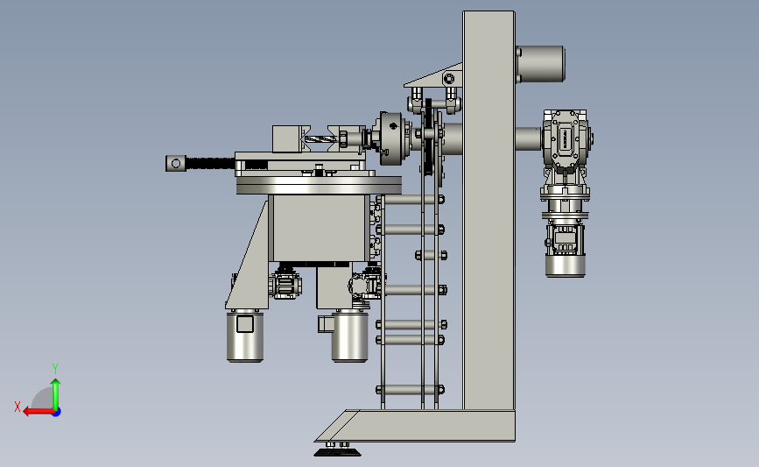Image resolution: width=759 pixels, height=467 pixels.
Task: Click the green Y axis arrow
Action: tap(56, 395)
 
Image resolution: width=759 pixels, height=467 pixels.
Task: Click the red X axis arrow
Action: tap(39, 412)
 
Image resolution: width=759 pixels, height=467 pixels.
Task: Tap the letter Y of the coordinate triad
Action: tap(55, 369)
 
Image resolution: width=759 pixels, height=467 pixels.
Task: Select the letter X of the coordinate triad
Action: tap(18, 407)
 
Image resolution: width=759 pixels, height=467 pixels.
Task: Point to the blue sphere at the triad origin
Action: tap(57, 413)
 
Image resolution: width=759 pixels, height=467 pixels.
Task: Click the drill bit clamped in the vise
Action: tap(320, 139)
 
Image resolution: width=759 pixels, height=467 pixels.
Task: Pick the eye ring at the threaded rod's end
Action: tap(176, 163)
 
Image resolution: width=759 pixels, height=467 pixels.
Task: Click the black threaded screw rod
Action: tap(211, 163)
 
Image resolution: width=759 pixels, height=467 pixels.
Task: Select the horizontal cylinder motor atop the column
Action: tap(540, 64)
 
